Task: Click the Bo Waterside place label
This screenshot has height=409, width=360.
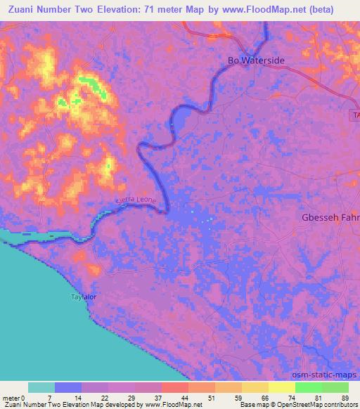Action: click(256, 60)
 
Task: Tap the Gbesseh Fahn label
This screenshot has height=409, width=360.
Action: click(330, 217)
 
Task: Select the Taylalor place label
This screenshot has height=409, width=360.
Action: click(84, 297)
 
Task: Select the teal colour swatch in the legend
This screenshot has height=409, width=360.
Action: click(41, 387)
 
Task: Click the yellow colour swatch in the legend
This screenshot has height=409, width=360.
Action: click(281, 387)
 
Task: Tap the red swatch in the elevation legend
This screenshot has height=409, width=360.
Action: click(174, 387)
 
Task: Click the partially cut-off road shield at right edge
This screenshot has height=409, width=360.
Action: click(355, 115)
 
